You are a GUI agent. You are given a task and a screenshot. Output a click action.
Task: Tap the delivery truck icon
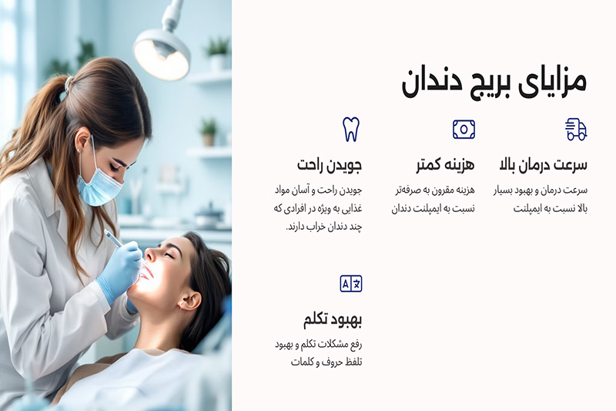click(576, 129)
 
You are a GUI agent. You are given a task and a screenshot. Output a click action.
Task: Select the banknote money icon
click(464, 129)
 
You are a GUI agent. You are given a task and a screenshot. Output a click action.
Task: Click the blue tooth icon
click(351, 129)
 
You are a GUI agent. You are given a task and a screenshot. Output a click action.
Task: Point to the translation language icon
click(351, 284)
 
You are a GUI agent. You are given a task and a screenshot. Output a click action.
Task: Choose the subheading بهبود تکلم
click(333, 319)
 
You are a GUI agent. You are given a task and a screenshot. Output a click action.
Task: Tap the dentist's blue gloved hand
click(119, 270)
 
